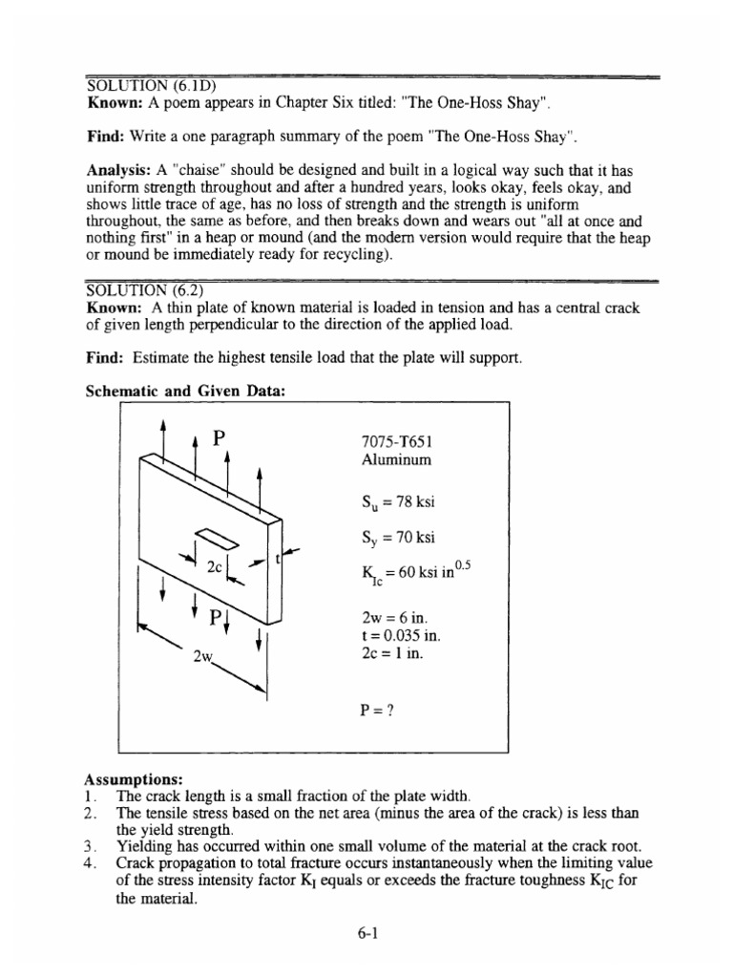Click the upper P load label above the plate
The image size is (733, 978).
coord(220,439)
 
